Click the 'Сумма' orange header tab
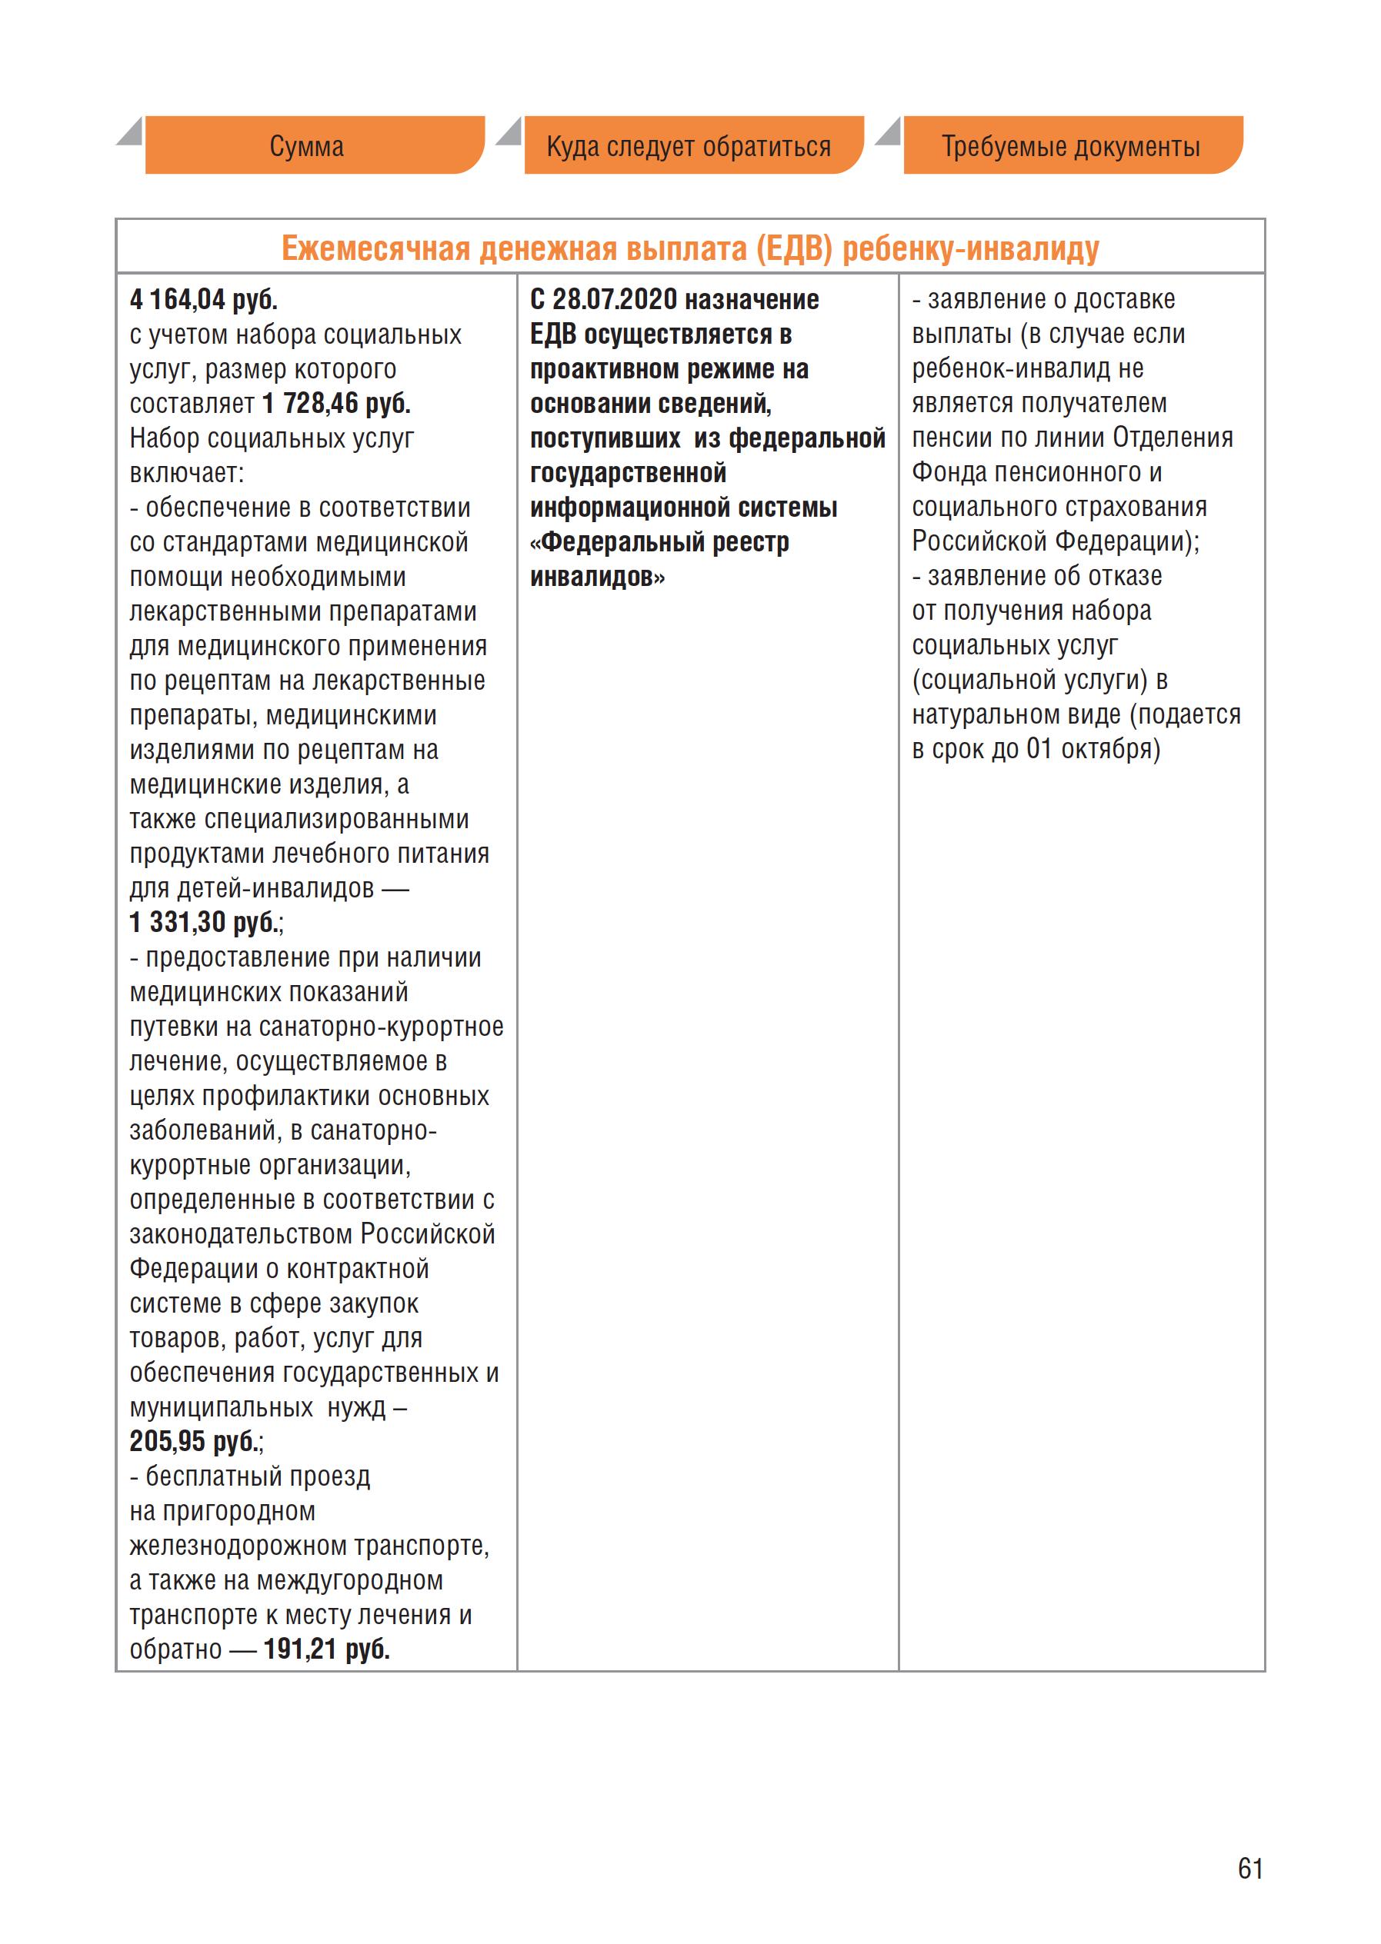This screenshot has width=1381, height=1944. [307, 146]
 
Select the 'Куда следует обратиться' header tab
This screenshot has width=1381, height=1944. [689, 146]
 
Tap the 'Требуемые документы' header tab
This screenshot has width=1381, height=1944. [1071, 146]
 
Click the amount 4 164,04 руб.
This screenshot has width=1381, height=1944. [203, 300]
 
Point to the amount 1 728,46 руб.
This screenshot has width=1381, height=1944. [337, 404]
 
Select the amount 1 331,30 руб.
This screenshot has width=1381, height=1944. [203, 923]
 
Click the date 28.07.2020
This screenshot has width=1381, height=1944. [615, 300]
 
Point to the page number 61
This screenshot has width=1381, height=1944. [1250, 1869]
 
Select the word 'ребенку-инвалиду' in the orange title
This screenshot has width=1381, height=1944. [970, 249]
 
